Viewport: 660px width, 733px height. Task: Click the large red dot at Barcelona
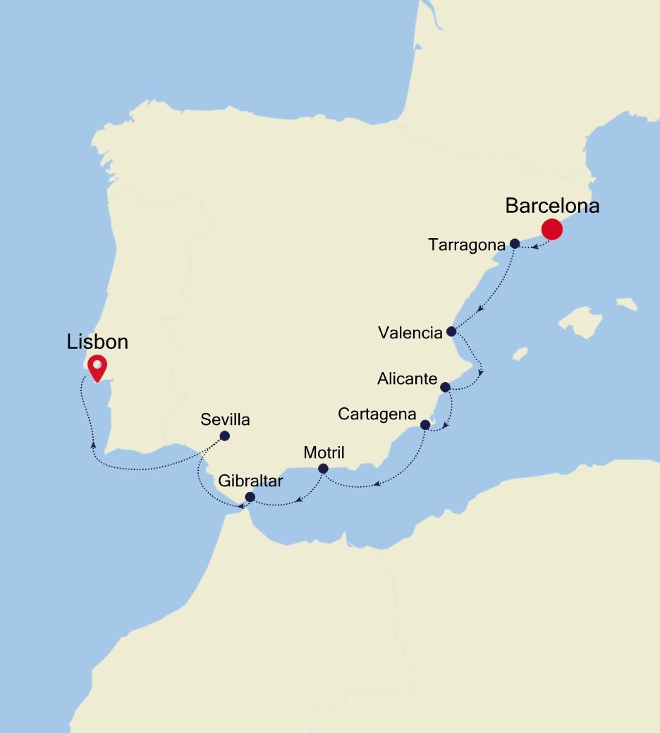pyautogui.click(x=551, y=229)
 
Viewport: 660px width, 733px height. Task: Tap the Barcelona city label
pyautogui.click(x=552, y=206)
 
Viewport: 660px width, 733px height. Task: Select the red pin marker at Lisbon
pyautogui.click(x=95, y=366)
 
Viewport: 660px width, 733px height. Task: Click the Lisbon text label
pyautogui.click(x=97, y=342)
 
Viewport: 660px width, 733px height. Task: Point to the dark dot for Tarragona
pyautogui.click(x=515, y=244)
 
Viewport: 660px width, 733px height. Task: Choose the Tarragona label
pyautogui.click(x=467, y=245)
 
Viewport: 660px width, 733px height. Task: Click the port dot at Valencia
pyautogui.click(x=451, y=331)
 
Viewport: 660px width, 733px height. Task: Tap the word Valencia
pyautogui.click(x=410, y=333)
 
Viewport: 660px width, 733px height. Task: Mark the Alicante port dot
pyautogui.click(x=445, y=387)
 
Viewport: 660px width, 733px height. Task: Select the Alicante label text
pyautogui.click(x=407, y=379)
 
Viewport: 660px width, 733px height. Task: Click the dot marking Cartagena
pyautogui.click(x=424, y=425)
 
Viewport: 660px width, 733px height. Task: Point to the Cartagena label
pyautogui.click(x=377, y=414)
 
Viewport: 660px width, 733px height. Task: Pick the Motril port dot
pyautogui.click(x=323, y=469)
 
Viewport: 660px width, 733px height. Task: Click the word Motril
pyautogui.click(x=324, y=452)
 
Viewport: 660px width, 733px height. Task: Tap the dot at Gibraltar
pyautogui.click(x=250, y=497)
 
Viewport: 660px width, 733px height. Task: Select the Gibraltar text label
pyautogui.click(x=250, y=481)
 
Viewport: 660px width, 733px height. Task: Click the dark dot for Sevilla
pyautogui.click(x=225, y=436)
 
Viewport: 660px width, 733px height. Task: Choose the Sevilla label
pyautogui.click(x=225, y=420)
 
